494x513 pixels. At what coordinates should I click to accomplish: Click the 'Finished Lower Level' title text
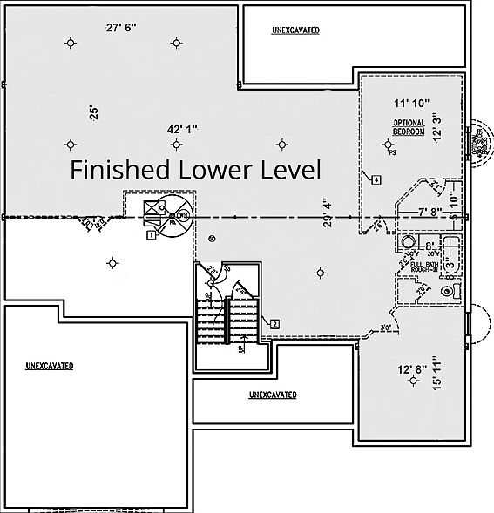pos(195,168)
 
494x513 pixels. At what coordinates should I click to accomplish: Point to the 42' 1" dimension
pos(182,129)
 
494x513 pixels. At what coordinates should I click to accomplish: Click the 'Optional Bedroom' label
pos(408,127)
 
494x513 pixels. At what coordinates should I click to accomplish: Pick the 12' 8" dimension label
pos(411,370)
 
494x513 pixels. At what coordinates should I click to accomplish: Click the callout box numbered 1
pos(152,234)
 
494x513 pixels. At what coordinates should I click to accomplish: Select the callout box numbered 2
pos(274,324)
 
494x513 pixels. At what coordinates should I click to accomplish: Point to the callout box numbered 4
pos(375,180)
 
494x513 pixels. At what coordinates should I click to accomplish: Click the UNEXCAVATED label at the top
pos(295,30)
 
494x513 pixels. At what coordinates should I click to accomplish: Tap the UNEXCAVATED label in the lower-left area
pos(49,365)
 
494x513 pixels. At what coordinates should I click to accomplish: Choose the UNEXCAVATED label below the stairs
pos(272,395)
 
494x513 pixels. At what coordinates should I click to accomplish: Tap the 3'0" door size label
pos(386,329)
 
